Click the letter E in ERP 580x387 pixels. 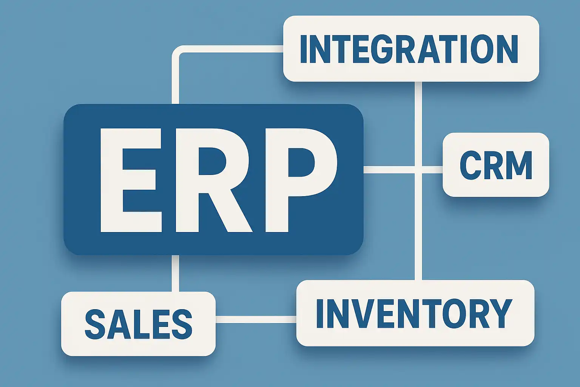point(130,180)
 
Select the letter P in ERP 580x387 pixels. point(298,180)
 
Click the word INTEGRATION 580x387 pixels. point(409,49)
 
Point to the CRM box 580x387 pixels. point(496,165)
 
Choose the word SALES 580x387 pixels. point(139,324)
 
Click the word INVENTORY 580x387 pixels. point(414,313)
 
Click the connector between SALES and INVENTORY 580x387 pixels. point(256,319)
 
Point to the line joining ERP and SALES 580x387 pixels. point(175,273)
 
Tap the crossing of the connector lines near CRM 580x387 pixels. point(418,170)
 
